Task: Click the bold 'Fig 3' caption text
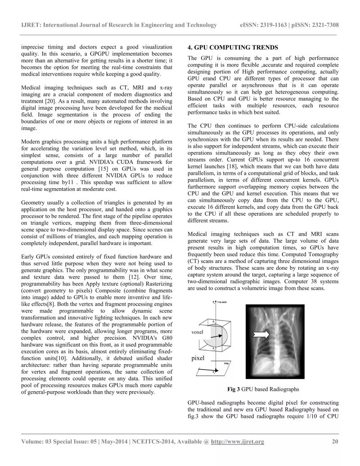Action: tap(234, 389)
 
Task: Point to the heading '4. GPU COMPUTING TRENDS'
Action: tap(233, 47)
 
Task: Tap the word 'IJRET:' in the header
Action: tap(31, 25)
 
